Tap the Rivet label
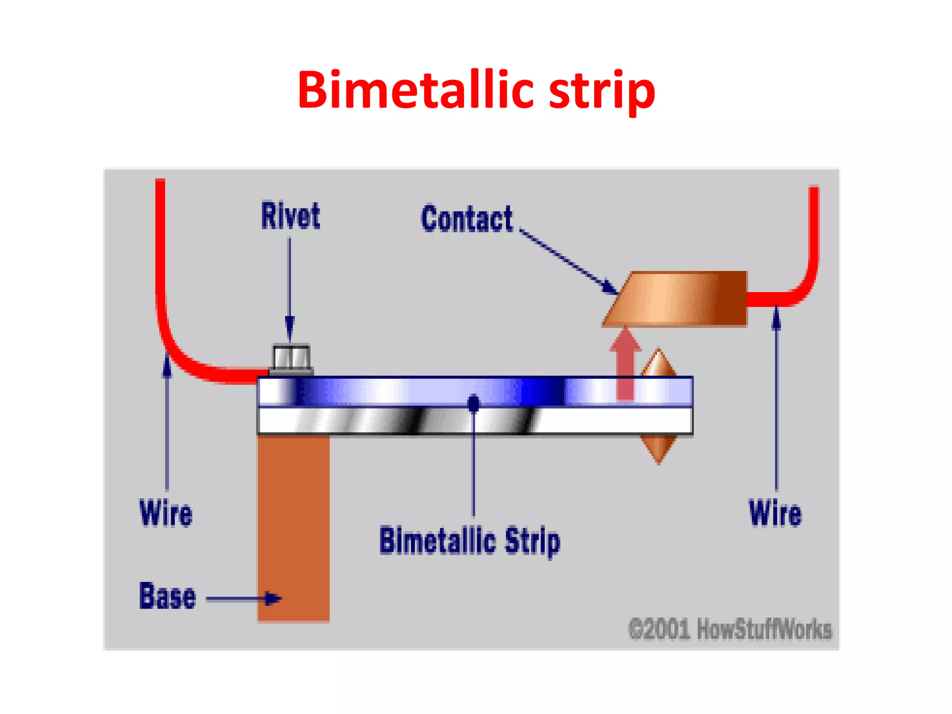[291, 216]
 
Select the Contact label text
[467, 218]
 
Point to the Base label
[167, 596]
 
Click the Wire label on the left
[166, 513]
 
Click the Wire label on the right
[775, 513]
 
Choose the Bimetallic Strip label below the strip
[470, 541]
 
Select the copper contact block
[679, 298]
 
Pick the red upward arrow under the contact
[625, 363]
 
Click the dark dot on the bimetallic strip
[474, 403]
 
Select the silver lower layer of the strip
[604, 421]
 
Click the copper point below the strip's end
[658, 449]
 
